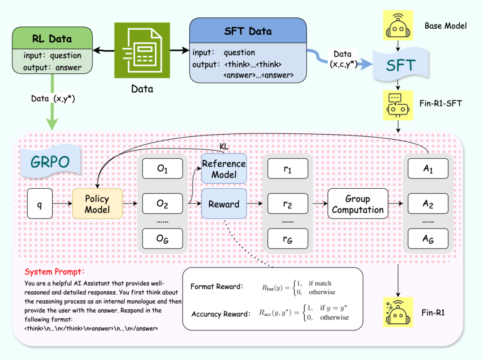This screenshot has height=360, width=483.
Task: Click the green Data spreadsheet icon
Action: click(x=142, y=52)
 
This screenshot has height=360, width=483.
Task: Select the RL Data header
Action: click(x=52, y=38)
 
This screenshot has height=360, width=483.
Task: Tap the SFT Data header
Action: click(x=248, y=31)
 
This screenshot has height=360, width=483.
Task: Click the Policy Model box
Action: click(x=97, y=204)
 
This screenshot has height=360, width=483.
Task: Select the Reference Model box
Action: click(x=224, y=169)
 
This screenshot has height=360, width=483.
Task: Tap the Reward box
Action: click(x=224, y=204)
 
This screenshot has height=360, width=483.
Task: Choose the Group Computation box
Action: click(x=358, y=204)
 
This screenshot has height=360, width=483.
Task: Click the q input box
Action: click(x=39, y=204)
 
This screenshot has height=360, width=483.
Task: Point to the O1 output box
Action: click(x=162, y=169)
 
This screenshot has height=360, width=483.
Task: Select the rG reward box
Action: click(x=288, y=239)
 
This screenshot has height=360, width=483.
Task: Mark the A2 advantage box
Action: click(x=428, y=204)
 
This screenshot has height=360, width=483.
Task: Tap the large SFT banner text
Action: click(x=401, y=65)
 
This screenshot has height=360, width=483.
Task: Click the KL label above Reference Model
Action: click(x=224, y=147)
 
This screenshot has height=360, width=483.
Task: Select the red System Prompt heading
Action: click(x=55, y=272)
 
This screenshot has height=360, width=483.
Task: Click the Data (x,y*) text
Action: click(x=53, y=98)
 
